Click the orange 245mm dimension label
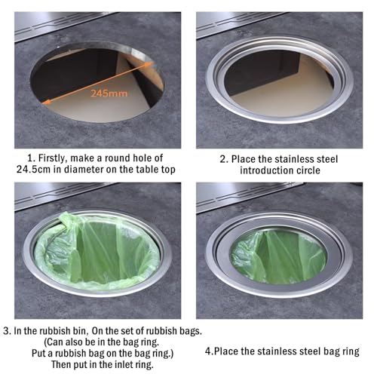[x=109, y=93]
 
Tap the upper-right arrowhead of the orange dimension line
[x=149, y=64]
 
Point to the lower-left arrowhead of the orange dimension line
[x=46, y=102]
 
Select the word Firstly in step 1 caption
[x=52, y=158]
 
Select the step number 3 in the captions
[x=7, y=331]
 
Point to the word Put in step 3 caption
[x=39, y=353]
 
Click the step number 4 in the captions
[x=208, y=351]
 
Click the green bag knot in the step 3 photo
[x=67, y=222]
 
